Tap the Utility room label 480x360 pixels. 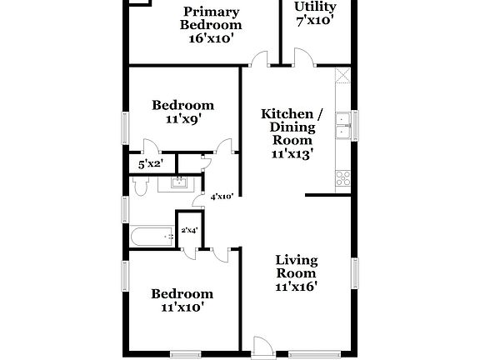pos(315,14)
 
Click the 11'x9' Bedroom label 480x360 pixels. pos(182,112)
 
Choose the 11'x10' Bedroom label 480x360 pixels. pos(182,300)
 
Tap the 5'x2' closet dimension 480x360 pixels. pos(150,165)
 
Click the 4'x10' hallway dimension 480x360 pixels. pos(222,197)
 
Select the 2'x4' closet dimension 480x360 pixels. pos(189,230)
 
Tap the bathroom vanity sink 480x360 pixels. pos(178,182)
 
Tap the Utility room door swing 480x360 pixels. pos(302,57)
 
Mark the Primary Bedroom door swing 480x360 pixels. pos(261,58)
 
